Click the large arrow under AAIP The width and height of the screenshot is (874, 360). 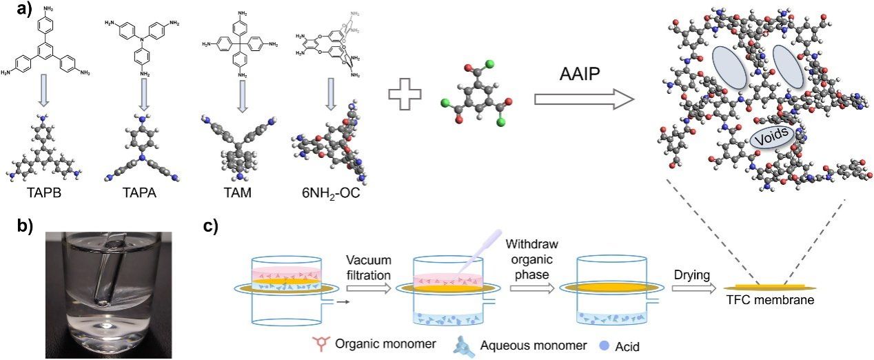(583, 101)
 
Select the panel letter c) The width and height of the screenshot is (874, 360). (218, 227)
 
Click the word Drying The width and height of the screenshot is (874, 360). (692, 276)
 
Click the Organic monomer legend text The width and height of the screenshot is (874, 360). (376, 343)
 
